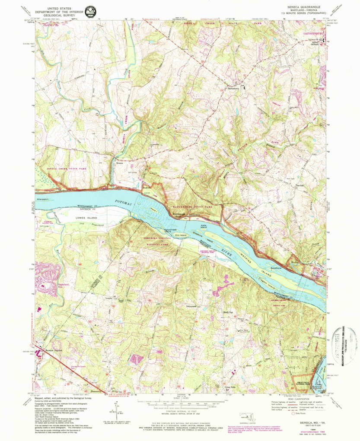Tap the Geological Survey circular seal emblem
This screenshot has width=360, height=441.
point(90,12)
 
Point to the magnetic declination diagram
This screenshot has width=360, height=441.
point(116,410)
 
